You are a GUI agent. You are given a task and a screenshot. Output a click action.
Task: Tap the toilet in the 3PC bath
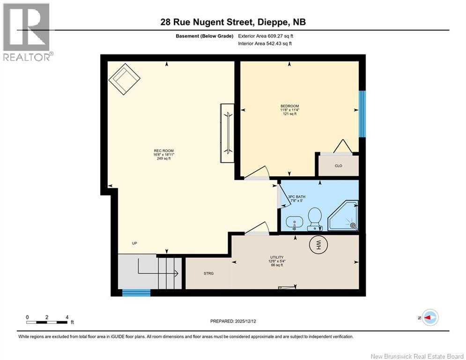(314, 219)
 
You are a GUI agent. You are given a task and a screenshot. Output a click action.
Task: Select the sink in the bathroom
(294, 223)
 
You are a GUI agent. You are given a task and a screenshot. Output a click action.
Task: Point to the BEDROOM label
(290, 106)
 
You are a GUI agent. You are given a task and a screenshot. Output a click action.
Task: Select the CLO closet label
(339, 166)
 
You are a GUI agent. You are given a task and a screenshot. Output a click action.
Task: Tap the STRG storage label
(208, 273)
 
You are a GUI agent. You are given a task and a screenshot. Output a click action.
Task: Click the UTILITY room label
(277, 257)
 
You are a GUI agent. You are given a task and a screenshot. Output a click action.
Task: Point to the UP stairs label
(134, 243)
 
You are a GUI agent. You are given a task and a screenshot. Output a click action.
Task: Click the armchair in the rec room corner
(125, 79)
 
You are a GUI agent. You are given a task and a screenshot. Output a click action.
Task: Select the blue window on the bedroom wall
(362, 113)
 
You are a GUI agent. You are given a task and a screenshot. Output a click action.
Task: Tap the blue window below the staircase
(136, 293)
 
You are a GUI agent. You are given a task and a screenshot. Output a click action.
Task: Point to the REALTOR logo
(27, 32)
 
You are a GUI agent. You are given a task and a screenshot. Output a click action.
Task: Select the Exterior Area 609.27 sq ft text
(266, 36)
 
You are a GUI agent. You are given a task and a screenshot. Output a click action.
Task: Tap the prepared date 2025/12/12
(245, 321)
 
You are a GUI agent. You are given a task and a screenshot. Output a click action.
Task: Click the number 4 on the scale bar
(67, 317)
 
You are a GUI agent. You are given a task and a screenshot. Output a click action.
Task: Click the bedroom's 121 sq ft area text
(290, 113)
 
